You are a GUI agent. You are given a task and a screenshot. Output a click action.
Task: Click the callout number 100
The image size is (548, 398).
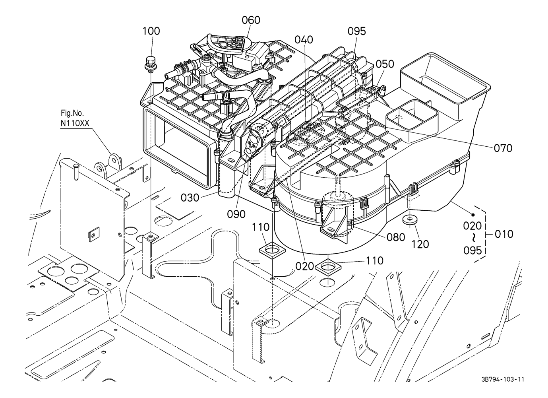[x=151, y=31]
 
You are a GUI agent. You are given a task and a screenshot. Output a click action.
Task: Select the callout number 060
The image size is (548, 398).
[x=251, y=20]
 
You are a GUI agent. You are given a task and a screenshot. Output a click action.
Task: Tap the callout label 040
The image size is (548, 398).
[x=304, y=40]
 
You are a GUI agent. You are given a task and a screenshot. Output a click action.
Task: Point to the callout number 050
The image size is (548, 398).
[x=385, y=64]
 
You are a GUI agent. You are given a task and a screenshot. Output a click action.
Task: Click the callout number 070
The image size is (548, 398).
[x=503, y=148]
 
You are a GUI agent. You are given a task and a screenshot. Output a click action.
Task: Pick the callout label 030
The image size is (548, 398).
[x=190, y=197]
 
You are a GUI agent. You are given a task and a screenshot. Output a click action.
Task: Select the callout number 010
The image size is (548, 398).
[x=504, y=234]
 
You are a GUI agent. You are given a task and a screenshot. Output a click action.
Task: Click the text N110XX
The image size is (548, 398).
[x=76, y=123]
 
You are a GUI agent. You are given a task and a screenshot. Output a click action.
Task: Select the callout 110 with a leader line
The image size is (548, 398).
[x=374, y=261]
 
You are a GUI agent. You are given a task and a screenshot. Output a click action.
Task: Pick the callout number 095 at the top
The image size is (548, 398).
[x=356, y=31]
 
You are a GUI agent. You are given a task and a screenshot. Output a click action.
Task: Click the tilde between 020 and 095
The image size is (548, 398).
[x=473, y=238]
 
